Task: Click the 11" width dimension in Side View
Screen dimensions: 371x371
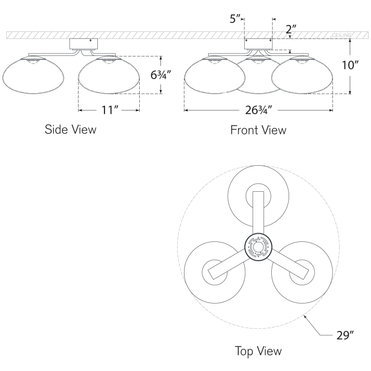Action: pos(109,110)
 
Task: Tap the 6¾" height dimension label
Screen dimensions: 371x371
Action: pos(160,75)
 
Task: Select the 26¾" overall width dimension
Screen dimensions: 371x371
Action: pos(259,110)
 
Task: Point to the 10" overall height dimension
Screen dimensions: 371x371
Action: pos(350,66)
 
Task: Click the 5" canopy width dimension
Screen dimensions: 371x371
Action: pos(235,19)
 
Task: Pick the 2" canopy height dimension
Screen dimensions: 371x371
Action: pos(291,30)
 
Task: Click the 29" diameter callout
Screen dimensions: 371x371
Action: pos(345,335)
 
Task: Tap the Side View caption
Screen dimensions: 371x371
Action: pos(70,129)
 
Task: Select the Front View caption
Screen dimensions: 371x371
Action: pos(258,130)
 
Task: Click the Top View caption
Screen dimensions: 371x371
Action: pos(258,351)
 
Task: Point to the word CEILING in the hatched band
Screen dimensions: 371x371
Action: pos(341,36)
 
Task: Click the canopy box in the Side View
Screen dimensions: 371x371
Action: pos(84,44)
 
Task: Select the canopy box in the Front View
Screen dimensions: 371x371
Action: pos(258,44)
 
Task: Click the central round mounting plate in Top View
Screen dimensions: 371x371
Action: pos(257,248)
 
